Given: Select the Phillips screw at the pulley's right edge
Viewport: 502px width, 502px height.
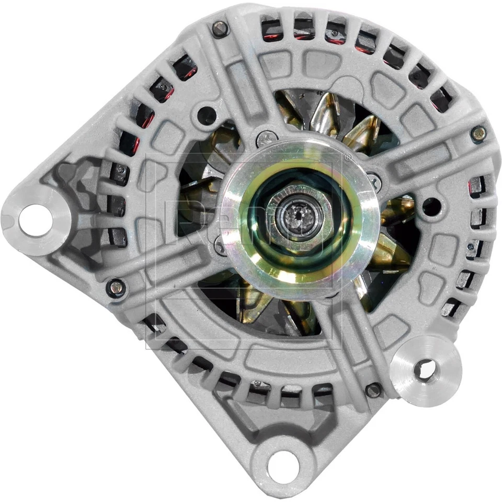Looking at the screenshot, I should [374, 181].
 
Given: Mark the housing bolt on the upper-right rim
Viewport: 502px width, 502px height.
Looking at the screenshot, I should [478, 134].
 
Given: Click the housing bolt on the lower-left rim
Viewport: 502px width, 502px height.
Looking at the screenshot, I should [116, 287].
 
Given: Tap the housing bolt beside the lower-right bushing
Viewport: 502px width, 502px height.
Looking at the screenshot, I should [373, 390].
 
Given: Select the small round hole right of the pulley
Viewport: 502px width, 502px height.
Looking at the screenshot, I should [431, 206].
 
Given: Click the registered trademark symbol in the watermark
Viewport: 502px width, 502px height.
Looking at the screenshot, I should [347, 156].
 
